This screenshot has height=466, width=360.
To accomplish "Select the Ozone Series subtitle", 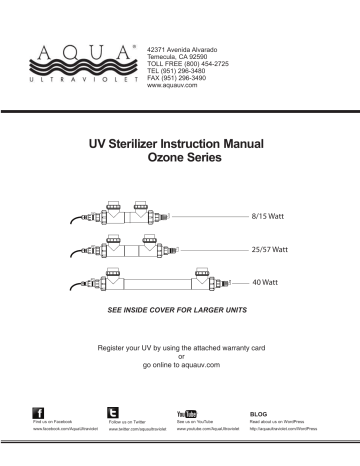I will (181, 161).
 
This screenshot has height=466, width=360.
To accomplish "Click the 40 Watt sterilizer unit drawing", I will (151, 283).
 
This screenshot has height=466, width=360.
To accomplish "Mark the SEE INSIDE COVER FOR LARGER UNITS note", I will (180, 312).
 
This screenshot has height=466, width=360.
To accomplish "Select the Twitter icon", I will (112, 413).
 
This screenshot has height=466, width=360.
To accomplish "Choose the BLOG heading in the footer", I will (258, 412).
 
